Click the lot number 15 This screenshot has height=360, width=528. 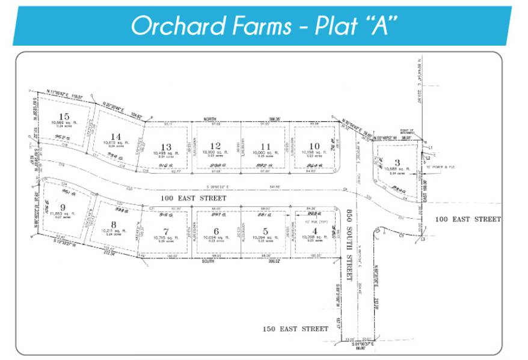coord(64,116)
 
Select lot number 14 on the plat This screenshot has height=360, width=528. coord(116,136)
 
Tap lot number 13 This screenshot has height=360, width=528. coord(166,147)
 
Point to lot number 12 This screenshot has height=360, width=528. coord(215,145)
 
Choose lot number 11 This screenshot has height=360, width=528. coord(265,146)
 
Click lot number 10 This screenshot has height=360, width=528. coord(314,145)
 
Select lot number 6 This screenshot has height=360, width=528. coord(215,231)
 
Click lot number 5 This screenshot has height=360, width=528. coord(265,231)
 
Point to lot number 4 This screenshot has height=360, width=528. coord(314,231)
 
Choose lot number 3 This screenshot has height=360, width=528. coord(397,162)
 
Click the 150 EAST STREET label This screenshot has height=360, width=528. coord(295,329)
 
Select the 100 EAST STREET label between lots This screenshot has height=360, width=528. coord(192,198)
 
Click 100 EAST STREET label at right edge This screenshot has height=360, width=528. coord(468,219)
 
